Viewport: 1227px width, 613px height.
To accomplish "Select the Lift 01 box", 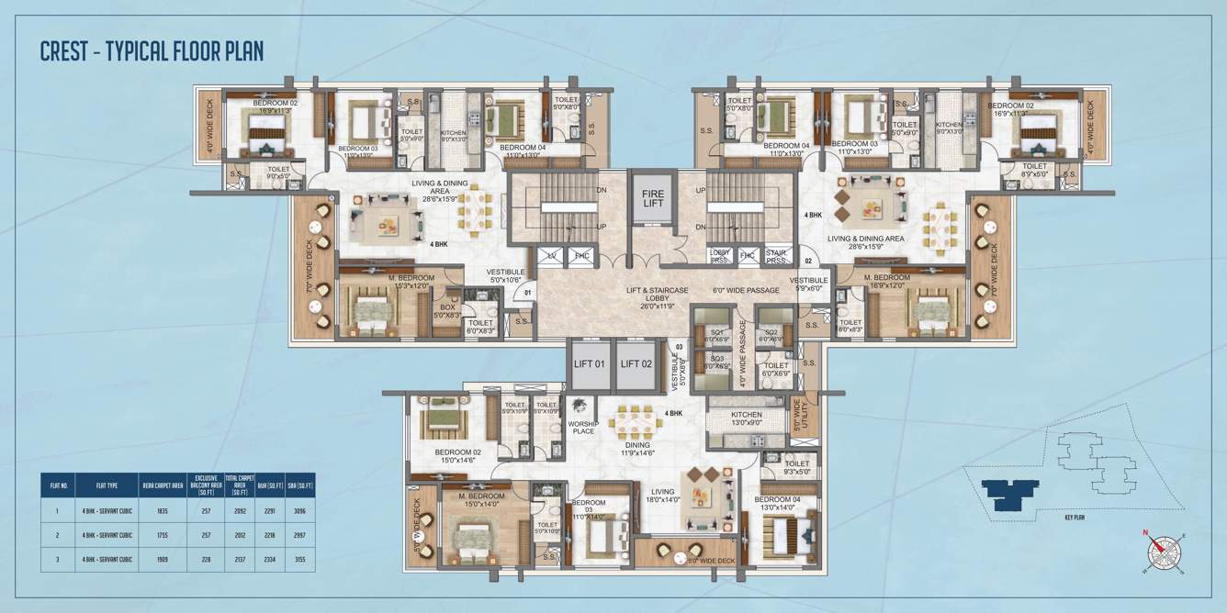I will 589,362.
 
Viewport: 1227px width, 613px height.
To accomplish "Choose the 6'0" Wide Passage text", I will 747,290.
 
